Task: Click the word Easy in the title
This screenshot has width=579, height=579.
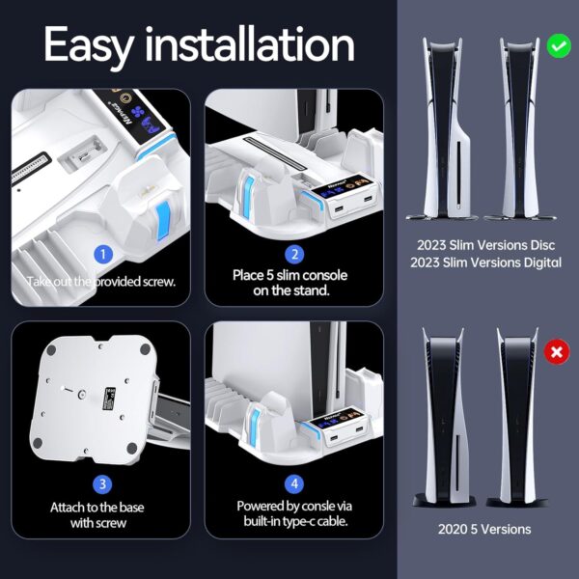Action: (88, 46)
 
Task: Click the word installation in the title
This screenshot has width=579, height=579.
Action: (250, 44)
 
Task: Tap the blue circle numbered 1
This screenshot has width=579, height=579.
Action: (103, 254)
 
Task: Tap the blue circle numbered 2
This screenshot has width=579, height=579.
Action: (294, 255)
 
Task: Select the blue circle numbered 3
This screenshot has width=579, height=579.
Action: (102, 484)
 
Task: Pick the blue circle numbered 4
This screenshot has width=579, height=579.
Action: (294, 483)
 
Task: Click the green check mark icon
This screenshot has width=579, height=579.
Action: (559, 45)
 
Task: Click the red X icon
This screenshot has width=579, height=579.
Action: (557, 351)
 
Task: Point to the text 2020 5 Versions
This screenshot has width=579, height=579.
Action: (484, 529)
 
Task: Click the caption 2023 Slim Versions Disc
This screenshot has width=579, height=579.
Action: (486, 245)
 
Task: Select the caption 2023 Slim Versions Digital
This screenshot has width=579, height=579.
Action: (486, 262)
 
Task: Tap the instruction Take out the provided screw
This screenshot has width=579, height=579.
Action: (100, 282)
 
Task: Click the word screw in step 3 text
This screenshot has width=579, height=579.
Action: (111, 523)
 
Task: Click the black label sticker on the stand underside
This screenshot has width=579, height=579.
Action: (109, 399)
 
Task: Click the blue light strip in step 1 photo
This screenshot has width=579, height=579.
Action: (162, 217)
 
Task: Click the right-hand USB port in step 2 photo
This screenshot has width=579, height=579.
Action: (368, 199)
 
